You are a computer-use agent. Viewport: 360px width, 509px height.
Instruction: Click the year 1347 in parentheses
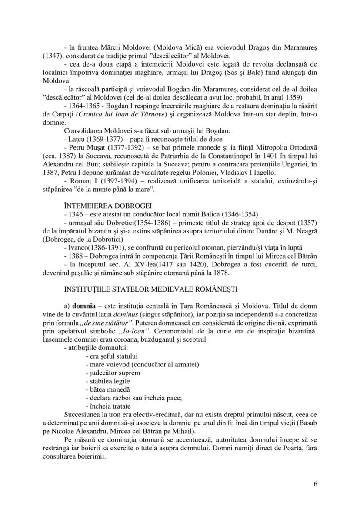pos(53,56)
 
